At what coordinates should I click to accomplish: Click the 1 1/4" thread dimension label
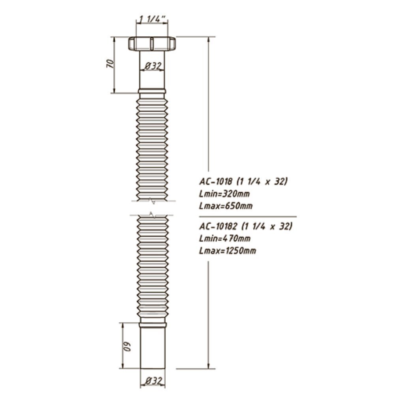(152, 19)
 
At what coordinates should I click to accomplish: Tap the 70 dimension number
(110, 64)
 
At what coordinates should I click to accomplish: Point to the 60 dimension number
(127, 346)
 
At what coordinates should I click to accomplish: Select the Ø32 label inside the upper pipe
(153, 66)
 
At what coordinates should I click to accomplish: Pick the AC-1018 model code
(215, 181)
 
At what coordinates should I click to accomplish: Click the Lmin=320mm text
(224, 194)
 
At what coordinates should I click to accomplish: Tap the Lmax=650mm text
(226, 206)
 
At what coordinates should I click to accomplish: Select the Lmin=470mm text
(224, 239)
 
